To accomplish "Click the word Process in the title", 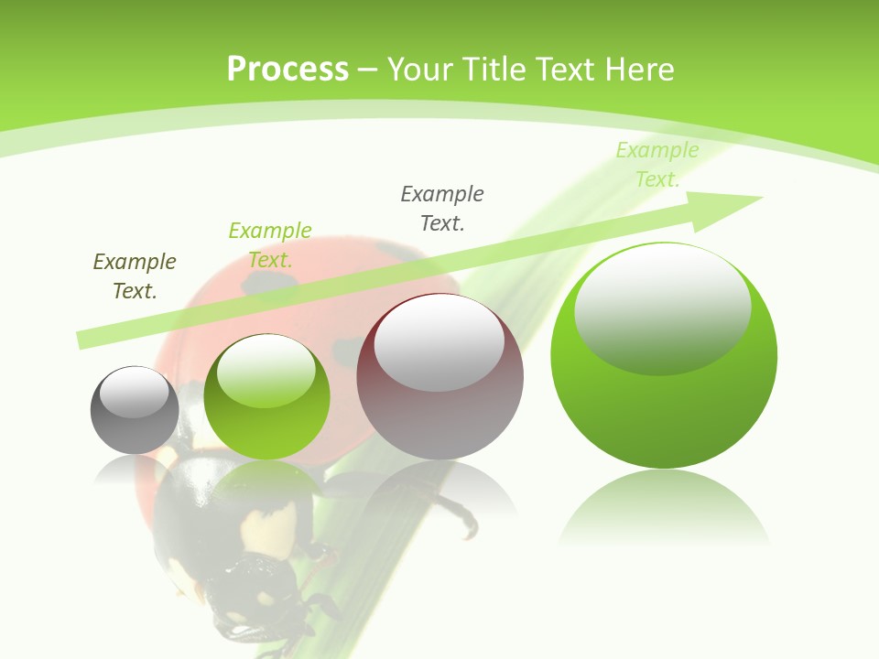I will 288,70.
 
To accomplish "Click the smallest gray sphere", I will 135,411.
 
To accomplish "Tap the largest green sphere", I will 664,357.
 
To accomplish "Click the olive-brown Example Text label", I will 135,275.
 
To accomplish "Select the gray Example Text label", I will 442,208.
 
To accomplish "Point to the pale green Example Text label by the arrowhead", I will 657,165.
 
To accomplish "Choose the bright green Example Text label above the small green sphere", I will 270,244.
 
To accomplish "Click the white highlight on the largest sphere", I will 662,307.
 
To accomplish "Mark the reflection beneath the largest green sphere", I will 664,508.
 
